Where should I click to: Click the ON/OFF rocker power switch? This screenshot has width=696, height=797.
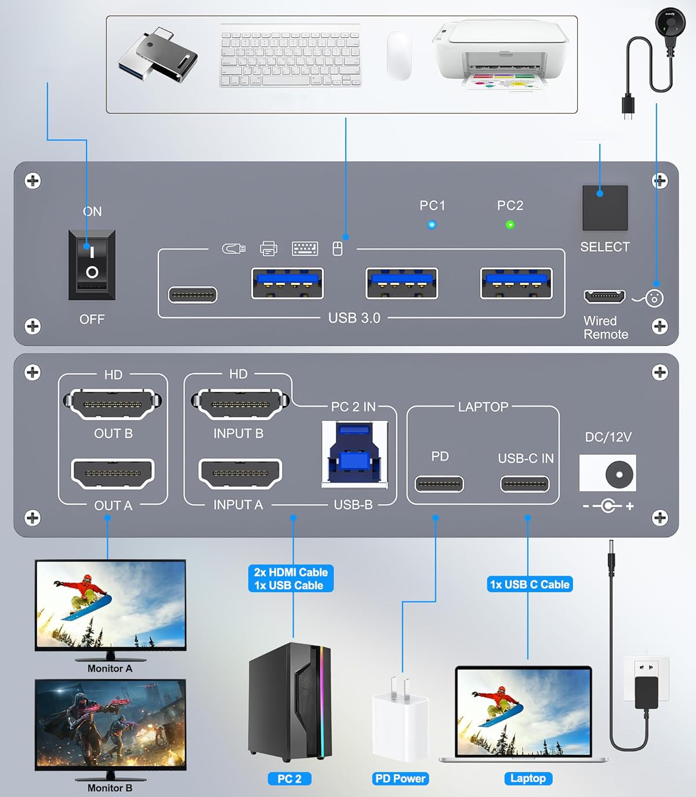92,265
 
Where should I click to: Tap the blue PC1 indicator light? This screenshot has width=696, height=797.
432,225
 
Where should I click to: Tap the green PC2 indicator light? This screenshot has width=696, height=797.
510,225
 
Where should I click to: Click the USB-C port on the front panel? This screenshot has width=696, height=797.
193,295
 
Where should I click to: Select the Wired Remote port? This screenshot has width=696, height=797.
604,296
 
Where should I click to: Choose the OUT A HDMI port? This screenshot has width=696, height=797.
113,473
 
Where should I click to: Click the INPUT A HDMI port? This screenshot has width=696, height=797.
240,473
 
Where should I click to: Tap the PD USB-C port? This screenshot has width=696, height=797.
439,483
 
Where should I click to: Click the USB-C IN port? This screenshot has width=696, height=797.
525,483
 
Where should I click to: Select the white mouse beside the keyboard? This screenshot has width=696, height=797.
399,56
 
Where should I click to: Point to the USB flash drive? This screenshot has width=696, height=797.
158,56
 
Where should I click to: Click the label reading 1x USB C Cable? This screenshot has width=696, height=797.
530,584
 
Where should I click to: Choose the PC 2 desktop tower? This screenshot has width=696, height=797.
289,702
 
